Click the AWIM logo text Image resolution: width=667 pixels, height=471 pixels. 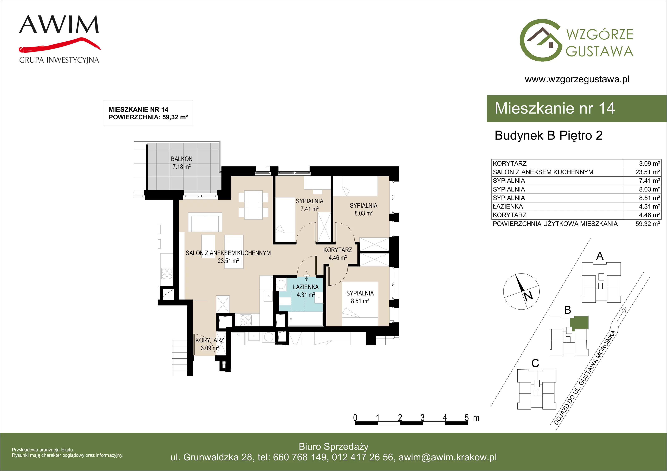pyautogui.click(x=59, y=24)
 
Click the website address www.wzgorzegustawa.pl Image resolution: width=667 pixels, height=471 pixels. pyautogui.click(x=577, y=79)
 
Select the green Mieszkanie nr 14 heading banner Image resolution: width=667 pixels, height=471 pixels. pyautogui.click(x=577, y=109)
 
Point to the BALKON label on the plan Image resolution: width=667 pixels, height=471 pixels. pyautogui.click(x=182, y=159)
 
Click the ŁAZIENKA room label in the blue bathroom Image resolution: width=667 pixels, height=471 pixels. pyautogui.click(x=306, y=287)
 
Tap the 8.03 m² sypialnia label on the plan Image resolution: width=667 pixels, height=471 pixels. pyautogui.click(x=364, y=209)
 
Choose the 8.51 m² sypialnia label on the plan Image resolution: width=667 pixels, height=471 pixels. pyautogui.click(x=360, y=297)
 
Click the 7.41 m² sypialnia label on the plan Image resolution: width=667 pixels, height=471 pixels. pyautogui.click(x=309, y=205)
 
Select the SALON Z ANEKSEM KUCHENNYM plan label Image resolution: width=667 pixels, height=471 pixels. pyautogui.click(x=228, y=253)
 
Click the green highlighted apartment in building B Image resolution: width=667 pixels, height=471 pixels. pyautogui.click(x=579, y=323)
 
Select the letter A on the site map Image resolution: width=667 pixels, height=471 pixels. pyautogui.click(x=600, y=256)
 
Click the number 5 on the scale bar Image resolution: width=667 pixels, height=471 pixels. pyautogui.click(x=466, y=418)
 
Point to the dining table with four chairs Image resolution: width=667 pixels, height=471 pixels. pyautogui.click(x=253, y=205)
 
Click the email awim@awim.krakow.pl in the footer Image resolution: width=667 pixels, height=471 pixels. pyautogui.click(x=448, y=457)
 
